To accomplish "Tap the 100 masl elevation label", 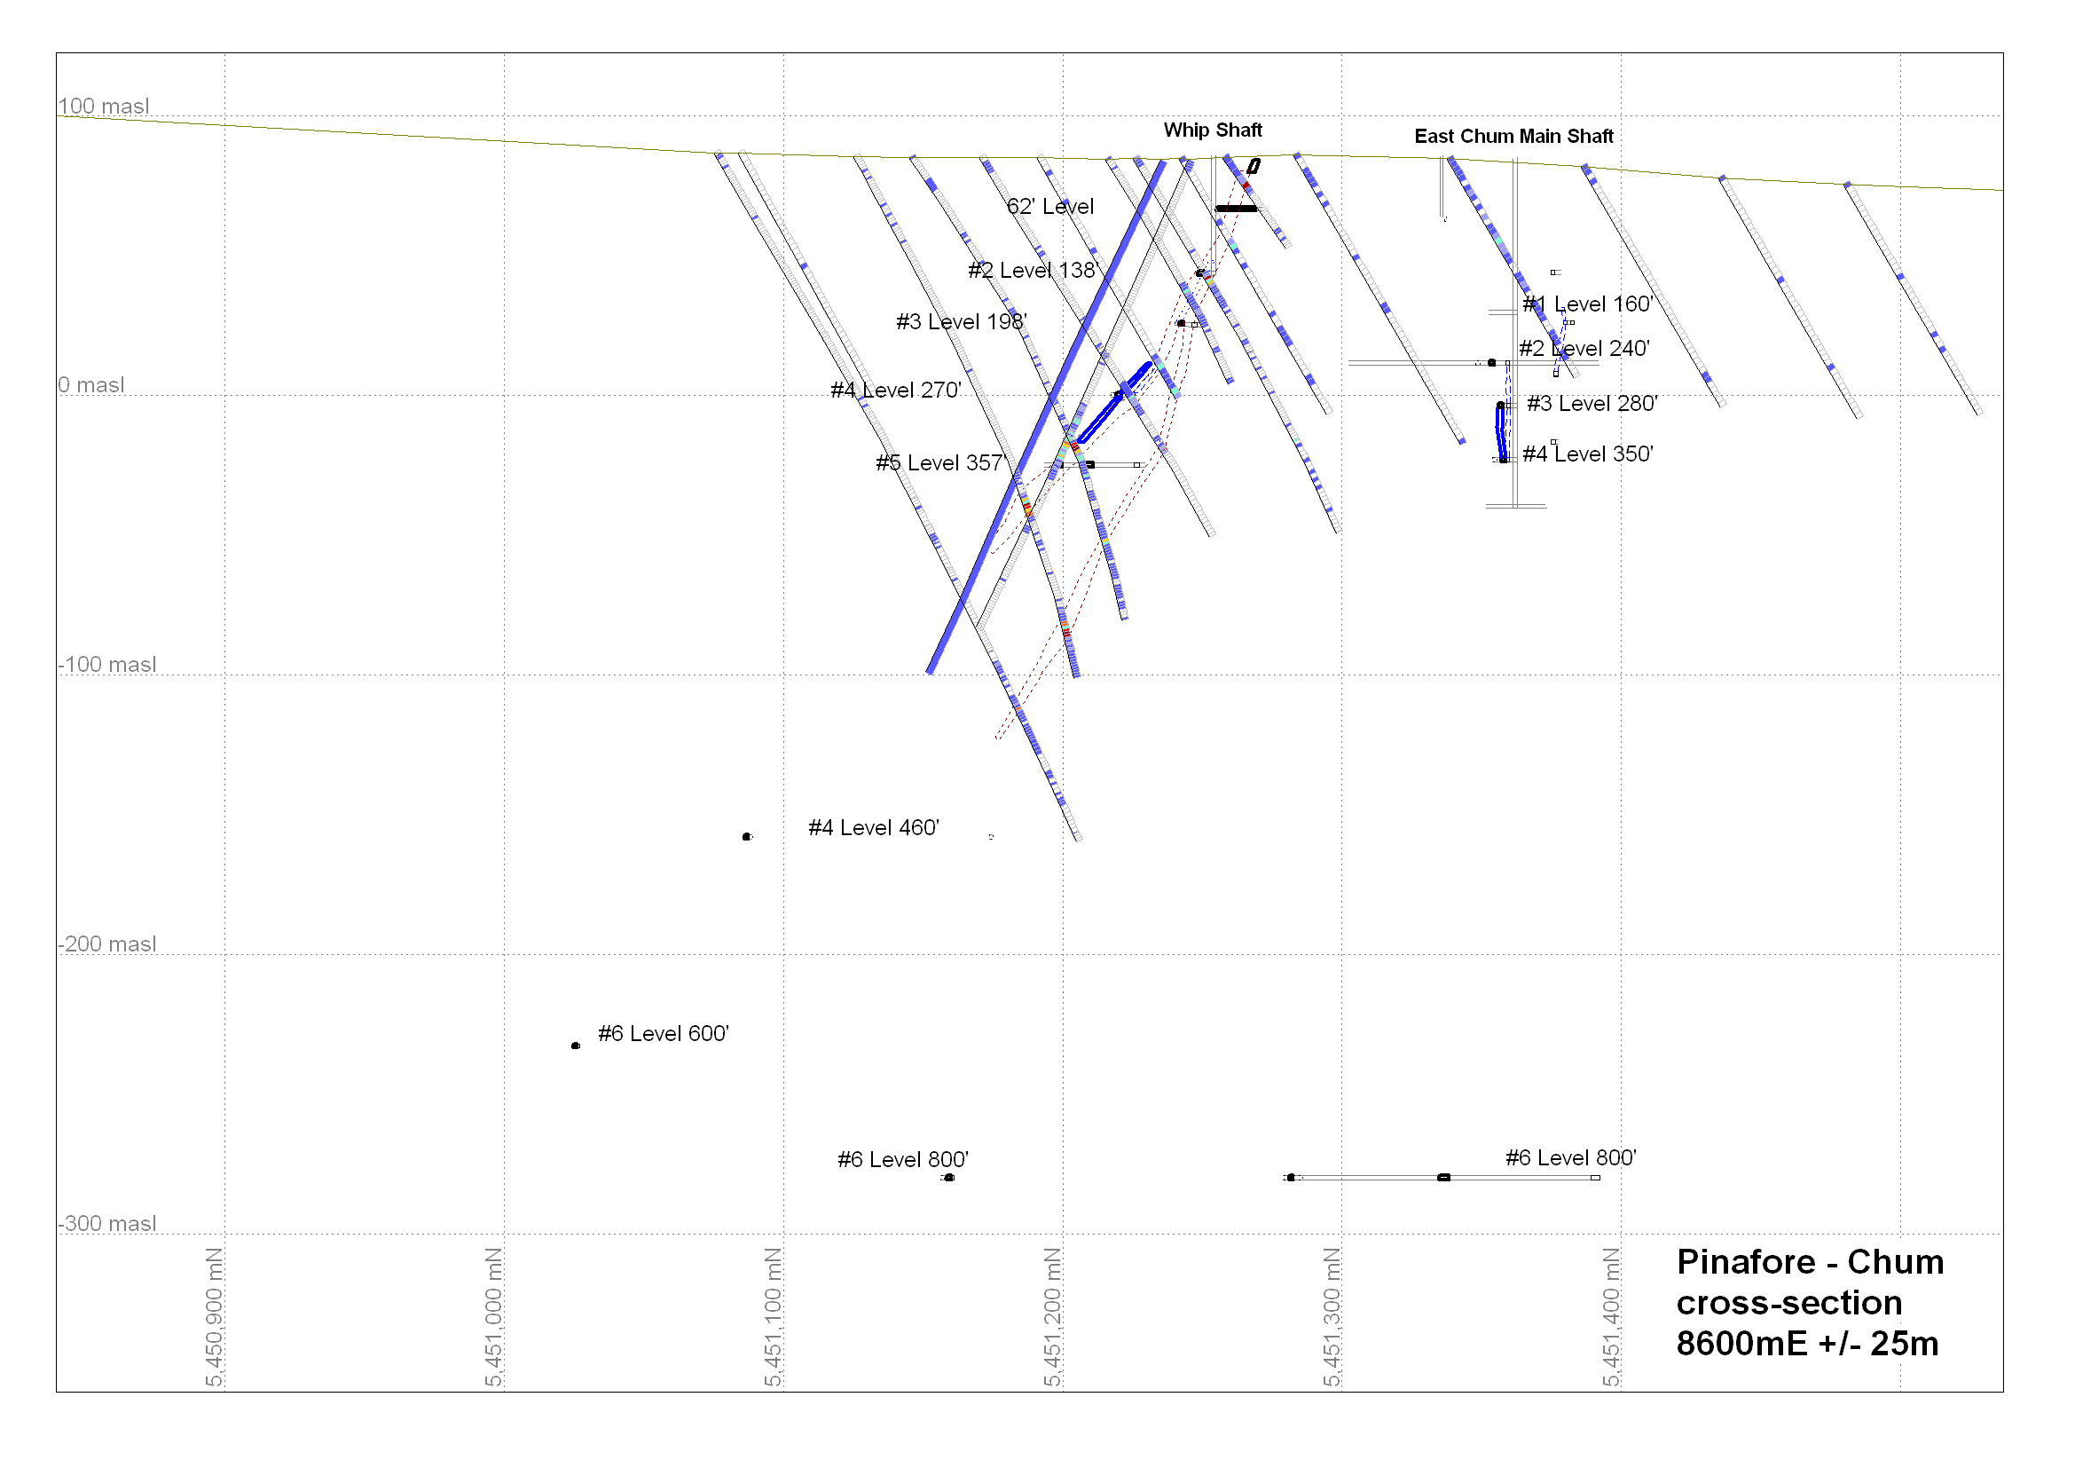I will tap(104, 107).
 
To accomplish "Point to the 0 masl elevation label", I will tap(91, 385).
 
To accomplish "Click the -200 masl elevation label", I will tap(107, 943).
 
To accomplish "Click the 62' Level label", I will tap(1050, 207).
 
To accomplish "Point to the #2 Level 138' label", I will tap(1032, 271).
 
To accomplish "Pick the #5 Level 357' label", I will tap(940, 463).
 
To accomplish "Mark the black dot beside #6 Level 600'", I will tap(576, 1046).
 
